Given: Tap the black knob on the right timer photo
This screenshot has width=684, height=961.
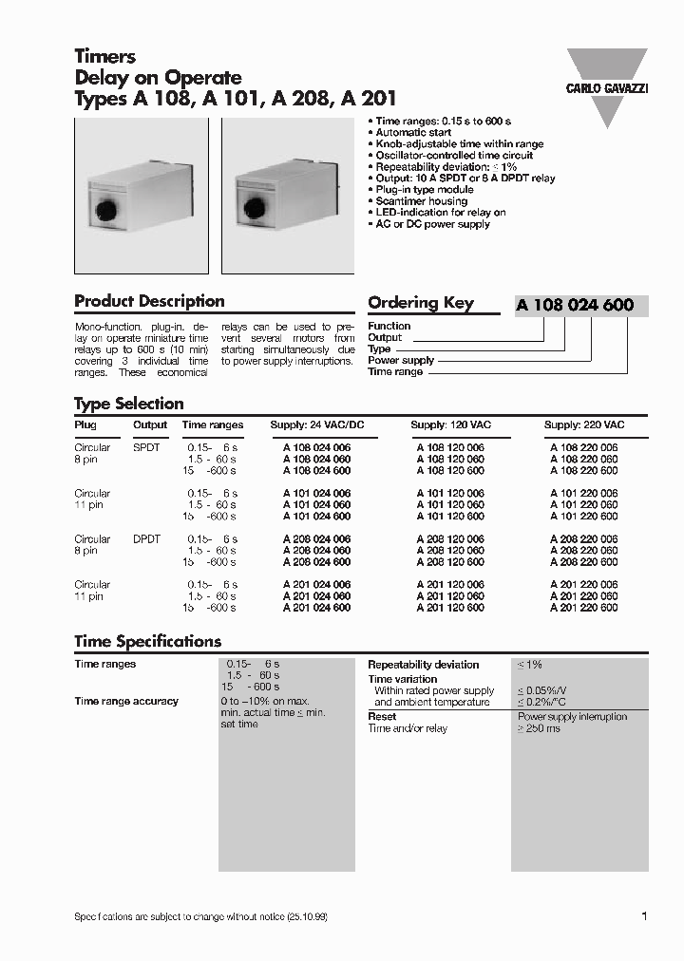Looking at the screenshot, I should coord(254,204).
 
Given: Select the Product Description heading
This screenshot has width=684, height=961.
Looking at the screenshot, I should coord(149,302).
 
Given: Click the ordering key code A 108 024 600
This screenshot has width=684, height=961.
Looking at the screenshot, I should coord(575,306).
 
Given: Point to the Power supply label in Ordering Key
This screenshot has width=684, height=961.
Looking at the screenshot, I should coord(401,361).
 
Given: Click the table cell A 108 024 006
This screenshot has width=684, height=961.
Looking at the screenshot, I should coord(316,447).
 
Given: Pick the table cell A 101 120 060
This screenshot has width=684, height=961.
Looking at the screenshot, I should coord(449,505).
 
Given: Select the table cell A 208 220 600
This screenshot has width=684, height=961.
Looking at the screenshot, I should coord(583,562).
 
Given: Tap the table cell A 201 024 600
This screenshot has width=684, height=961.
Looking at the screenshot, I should coord(316,608).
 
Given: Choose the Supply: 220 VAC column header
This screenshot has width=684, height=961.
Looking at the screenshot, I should coord(583,425).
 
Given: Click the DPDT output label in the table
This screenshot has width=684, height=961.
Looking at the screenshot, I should coord(147,539).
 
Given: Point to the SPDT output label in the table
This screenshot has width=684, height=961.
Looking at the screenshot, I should coord(147,447).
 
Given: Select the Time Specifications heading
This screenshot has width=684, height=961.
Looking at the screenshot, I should coord(147,642).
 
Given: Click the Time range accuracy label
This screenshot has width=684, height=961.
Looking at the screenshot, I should coord(126,702).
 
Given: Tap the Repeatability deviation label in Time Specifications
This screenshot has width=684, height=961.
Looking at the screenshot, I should coord(423,665).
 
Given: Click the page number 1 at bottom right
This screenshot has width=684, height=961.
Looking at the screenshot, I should coord(644,916).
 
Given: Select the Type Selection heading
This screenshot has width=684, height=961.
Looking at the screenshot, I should coord(128,404).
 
